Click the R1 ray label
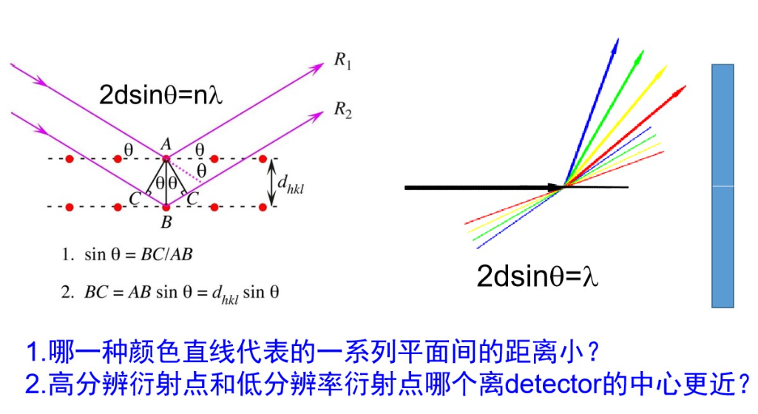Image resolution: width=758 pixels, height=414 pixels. click(342, 61)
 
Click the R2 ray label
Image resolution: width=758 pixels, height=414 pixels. click(342, 111)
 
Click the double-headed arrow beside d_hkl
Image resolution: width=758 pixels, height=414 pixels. click(272, 182)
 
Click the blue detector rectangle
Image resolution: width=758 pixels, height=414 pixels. click(723, 185)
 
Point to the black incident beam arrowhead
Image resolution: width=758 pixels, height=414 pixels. click(555, 188)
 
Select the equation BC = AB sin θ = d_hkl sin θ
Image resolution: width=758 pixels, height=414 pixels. click(171, 292)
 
